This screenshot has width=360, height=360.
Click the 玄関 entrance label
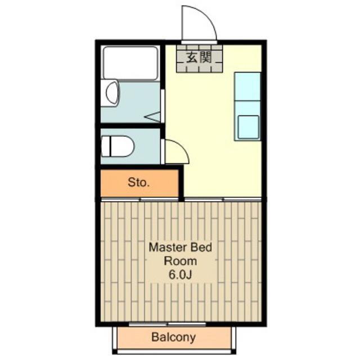click(199, 57)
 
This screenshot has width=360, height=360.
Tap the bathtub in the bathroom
click(130, 62)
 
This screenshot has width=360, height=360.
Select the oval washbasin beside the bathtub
click(112, 93)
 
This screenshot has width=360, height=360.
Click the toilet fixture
click(118, 146)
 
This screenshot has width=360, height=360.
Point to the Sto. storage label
click(139, 182)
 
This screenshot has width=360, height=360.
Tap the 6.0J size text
click(180, 274)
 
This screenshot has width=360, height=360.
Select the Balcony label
click(174, 337)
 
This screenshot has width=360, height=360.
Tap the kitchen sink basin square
click(249, 127)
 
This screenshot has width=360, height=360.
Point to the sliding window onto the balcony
click(168, 324)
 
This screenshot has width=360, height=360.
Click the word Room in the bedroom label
click(180, 261)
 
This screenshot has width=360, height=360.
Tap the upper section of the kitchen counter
click(247, 86)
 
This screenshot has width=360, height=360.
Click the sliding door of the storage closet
click(140, 199)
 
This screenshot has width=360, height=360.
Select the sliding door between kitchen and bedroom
click(223, 199)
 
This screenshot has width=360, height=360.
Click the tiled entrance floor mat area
click(200, 58)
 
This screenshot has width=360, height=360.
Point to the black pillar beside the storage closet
click(181, 182)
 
